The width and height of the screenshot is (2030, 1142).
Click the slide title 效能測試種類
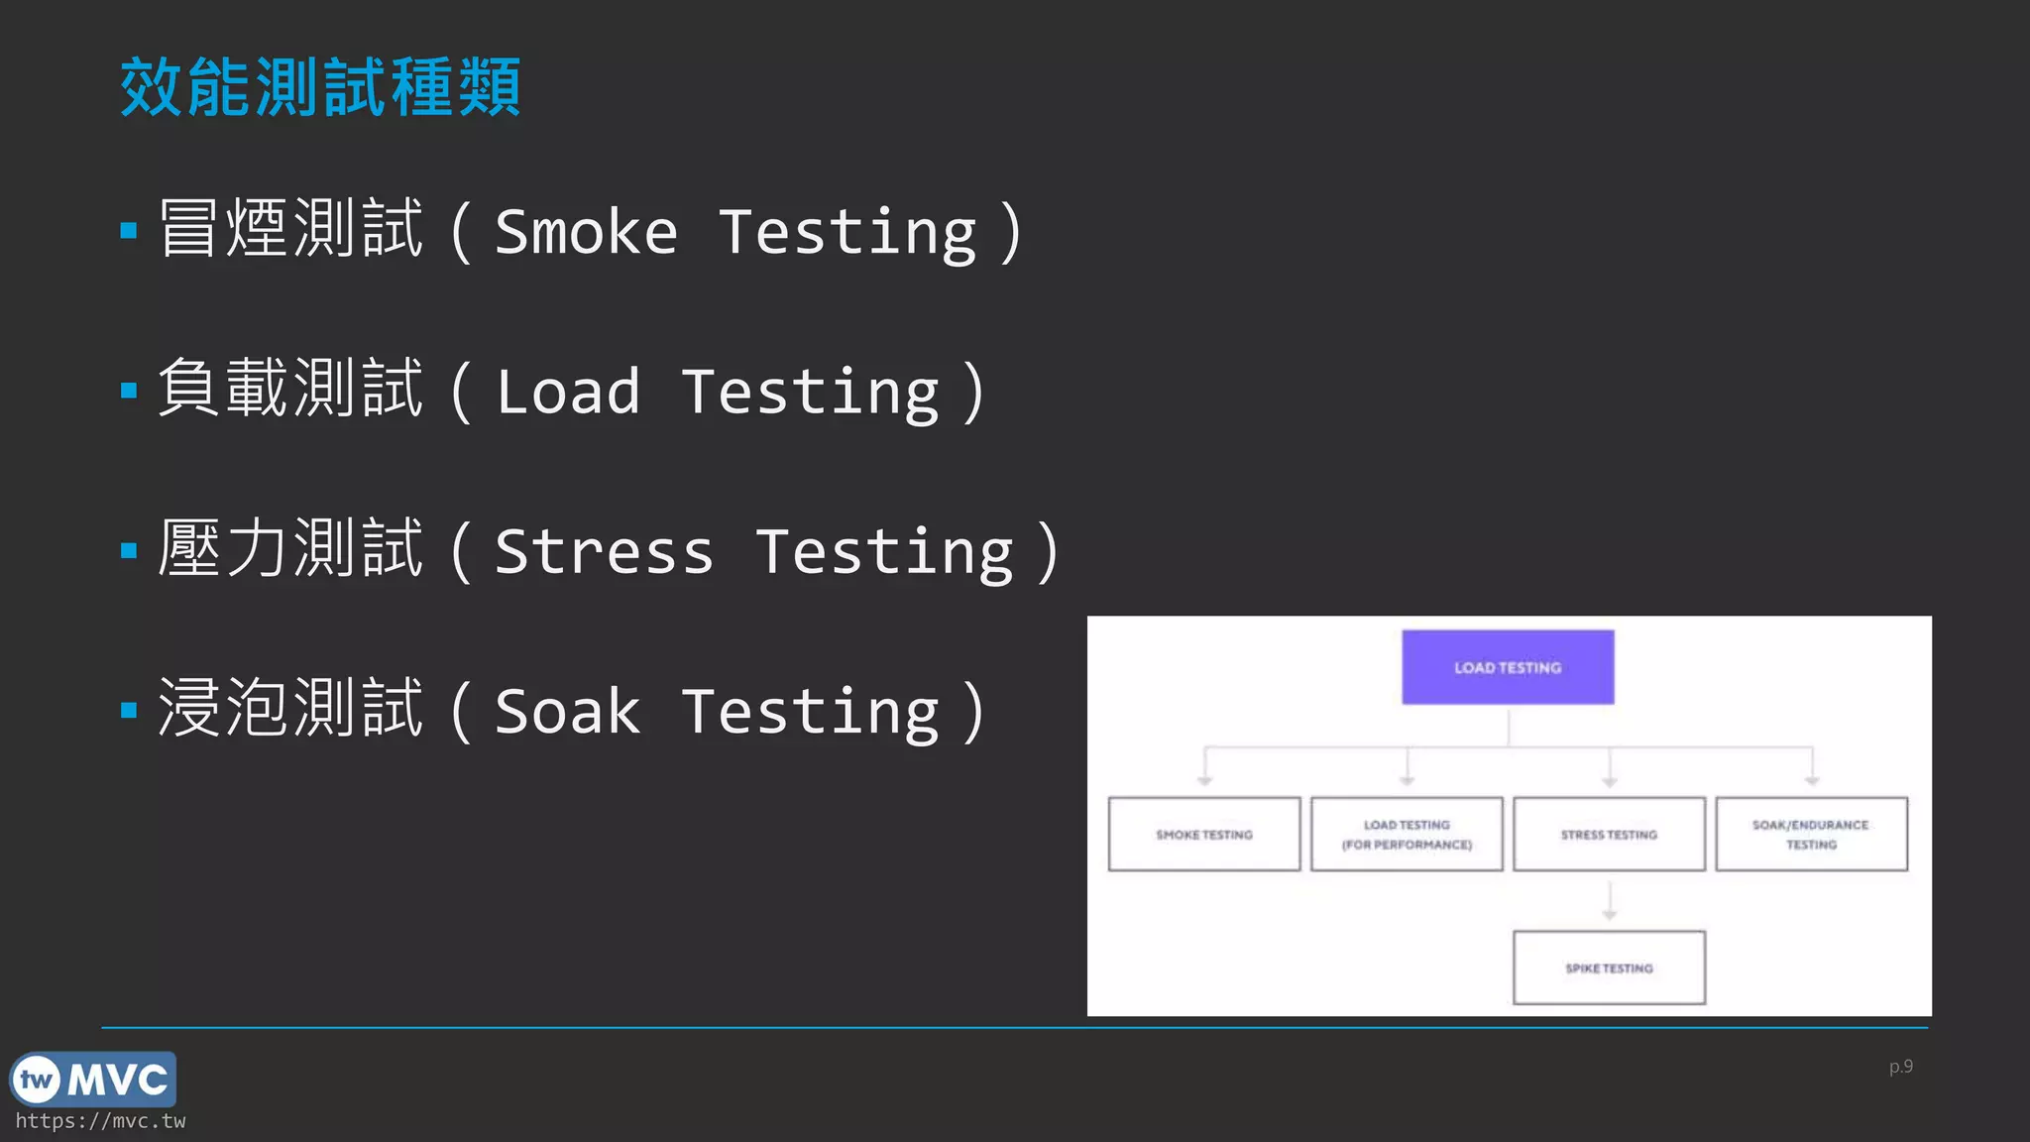[320, 87]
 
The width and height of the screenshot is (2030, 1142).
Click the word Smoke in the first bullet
[586, 233]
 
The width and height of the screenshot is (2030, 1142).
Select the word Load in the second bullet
[568, 393]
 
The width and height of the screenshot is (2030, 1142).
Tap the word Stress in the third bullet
[604, 552]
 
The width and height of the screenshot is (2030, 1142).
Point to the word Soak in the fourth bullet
[568, 712]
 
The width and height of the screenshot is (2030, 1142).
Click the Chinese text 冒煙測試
[290, 229]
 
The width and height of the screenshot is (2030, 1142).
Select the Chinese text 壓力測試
[290, 548]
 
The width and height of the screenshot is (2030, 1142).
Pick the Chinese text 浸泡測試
[290, 708]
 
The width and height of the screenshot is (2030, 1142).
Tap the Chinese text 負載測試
[290, 389]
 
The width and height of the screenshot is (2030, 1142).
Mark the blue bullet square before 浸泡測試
[129, 710]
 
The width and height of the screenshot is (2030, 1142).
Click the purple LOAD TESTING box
[1508, 667]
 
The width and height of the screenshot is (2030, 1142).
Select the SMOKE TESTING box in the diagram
[1204, 835]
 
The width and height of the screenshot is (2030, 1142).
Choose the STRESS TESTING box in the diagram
[1609, 835]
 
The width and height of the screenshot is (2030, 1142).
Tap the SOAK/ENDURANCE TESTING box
[1811, 835]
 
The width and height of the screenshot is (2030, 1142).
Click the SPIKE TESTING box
[1609, 968]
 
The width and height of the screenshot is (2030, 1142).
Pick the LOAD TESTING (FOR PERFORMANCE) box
[1407, 835]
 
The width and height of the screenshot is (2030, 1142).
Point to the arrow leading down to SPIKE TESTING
[1609, 901]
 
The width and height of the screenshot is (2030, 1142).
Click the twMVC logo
[93, 1080]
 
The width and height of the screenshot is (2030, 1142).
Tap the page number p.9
[1900, 1067]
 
